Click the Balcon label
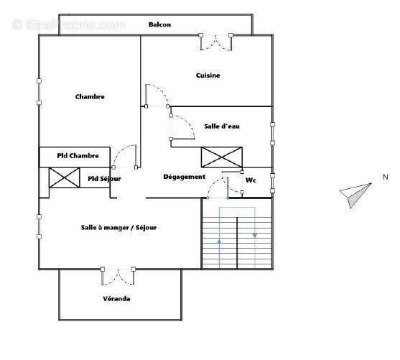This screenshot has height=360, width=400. pyautogui.click(x=159, y=24)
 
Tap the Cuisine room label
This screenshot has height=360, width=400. pyautogui.click(x=208, y=75)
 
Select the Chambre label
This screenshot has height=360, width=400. pyautogui.click(x=90, y=97)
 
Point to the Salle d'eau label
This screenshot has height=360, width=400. pyautogui.click(x=221, y=126)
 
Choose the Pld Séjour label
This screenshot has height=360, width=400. pyautogui.click(x=104, y=179)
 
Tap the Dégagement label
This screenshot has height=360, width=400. pyautogui.click(x=184, y=177)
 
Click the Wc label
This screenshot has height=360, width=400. pyautogui.click(x=251, y=180)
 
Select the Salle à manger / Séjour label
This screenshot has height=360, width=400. pyautogui.click(x=118, y=228)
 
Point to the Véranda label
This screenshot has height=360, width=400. pyautogui.click(x=116, y=298)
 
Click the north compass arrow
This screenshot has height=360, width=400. pyautogui.click(x=355, y=195)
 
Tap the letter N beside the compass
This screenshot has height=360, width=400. pyautogui.click(x=385, y=177)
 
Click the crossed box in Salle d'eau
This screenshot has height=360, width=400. pyautogui.click(x=222, y=157)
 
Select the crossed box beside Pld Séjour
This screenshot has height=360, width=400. pyautogui.click(x=64, y=177)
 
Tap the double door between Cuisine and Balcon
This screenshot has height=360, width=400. pyautogui.click(x=216, y=42)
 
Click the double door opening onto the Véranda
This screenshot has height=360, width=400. pyautogui.click(x=118, y=276)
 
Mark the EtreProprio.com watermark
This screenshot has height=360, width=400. pyautogui.click(x=68, y=24)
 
